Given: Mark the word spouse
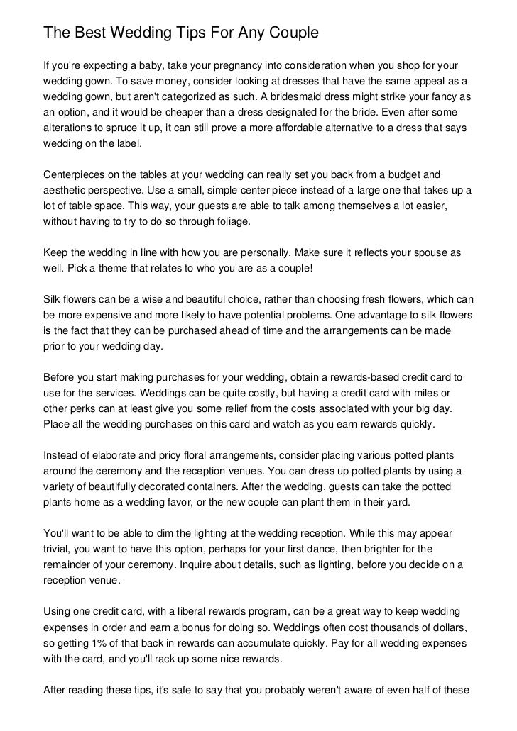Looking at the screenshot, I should tap(430, 253).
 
